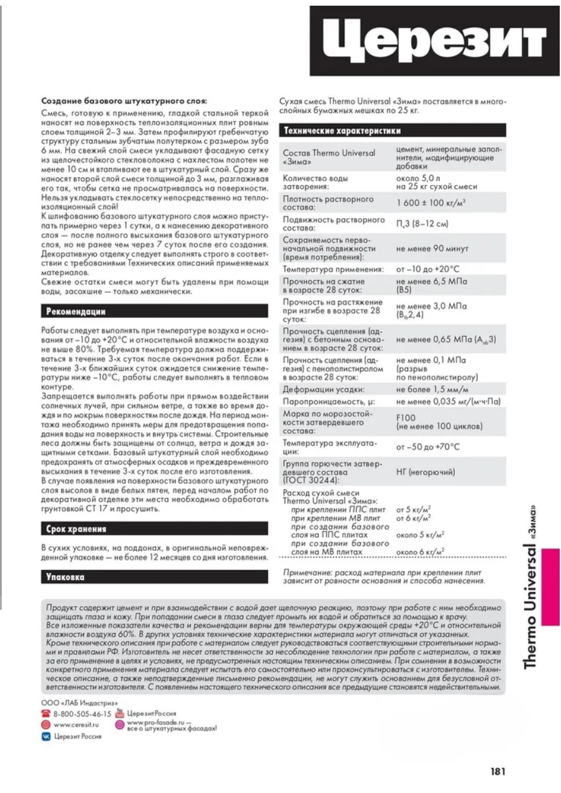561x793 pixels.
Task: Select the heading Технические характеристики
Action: tap(342, 131)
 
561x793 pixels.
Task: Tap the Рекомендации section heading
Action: tap(76, 312)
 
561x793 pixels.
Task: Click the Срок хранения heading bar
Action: tap(76, 528)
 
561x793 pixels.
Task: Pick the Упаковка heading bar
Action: tap(65, 576)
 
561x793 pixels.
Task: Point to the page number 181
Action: tap(498, 772)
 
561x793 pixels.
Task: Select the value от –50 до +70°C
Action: tap(428, 447)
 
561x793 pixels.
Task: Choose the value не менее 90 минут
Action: tap(432, 249)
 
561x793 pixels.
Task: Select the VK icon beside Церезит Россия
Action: tap(46, 736)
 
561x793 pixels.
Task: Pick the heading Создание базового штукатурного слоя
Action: tap(123, 100)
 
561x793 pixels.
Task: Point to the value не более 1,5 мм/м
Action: tap(428, 389)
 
